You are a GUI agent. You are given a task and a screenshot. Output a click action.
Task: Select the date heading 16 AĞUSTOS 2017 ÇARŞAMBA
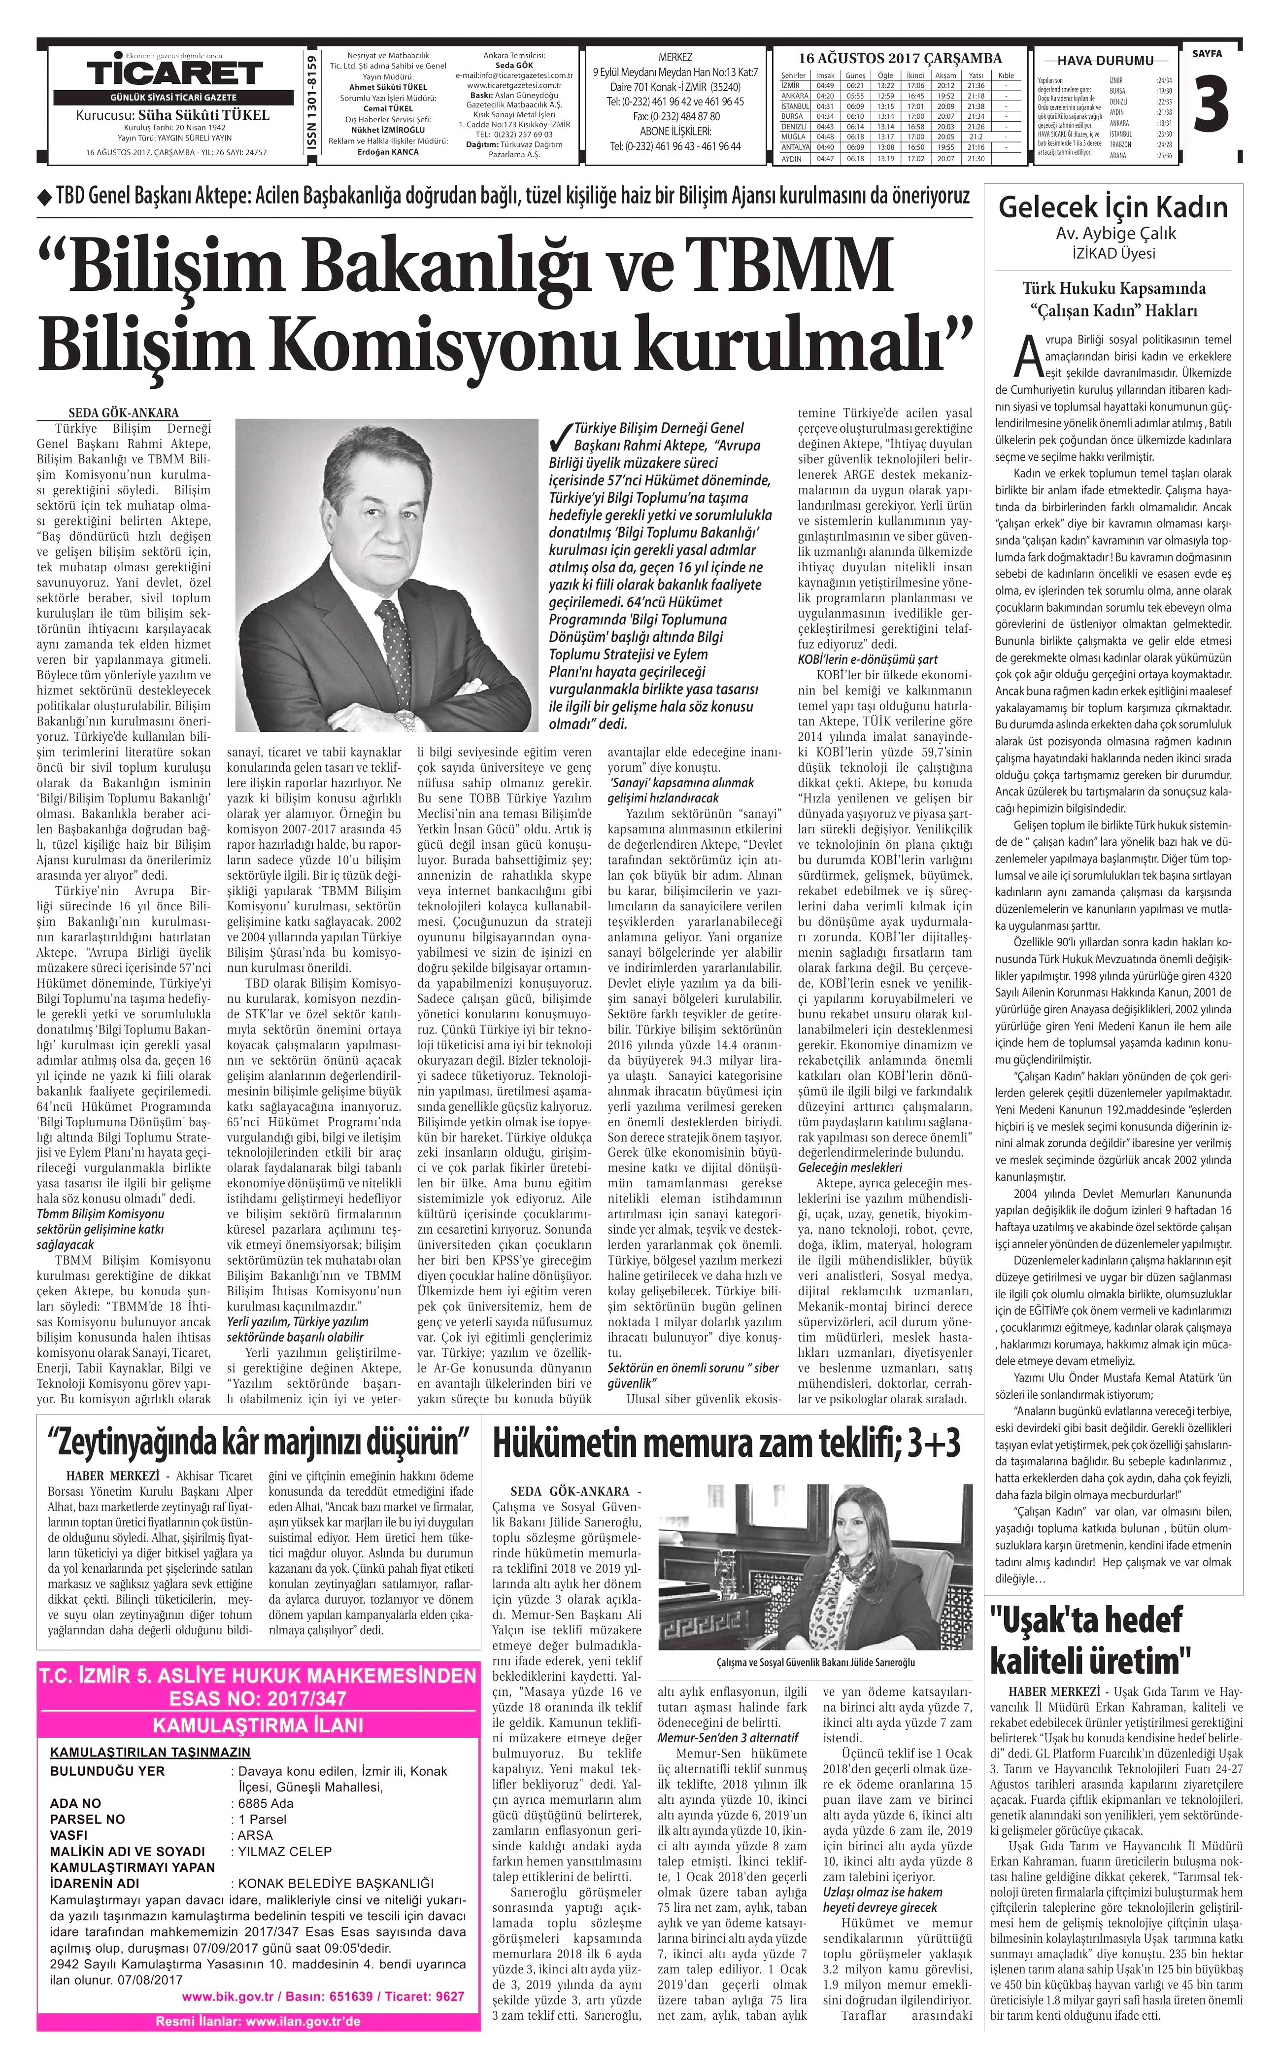point(901,59)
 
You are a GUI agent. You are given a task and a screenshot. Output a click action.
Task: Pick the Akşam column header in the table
point(945,75)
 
